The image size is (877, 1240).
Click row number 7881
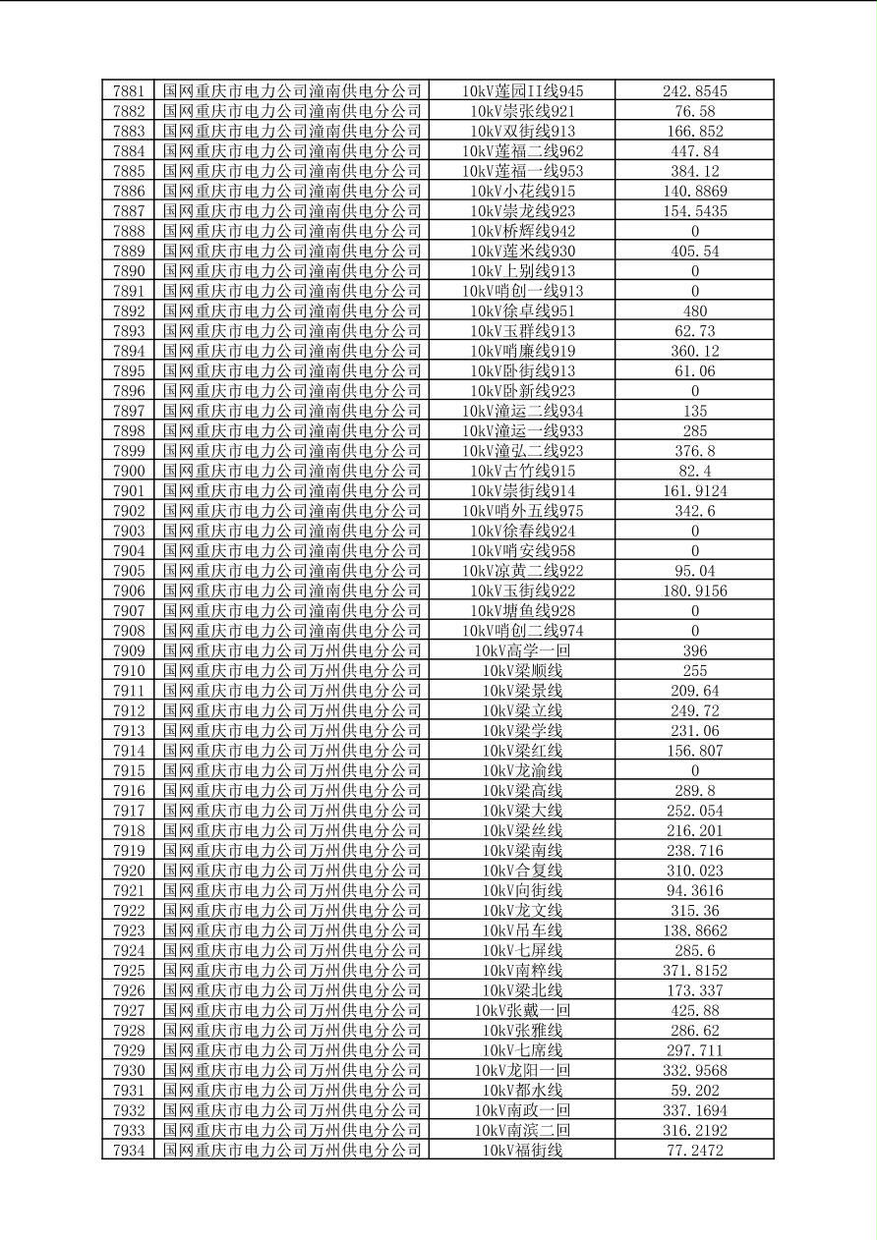coord(129,91)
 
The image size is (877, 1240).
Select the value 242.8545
coord(694,91)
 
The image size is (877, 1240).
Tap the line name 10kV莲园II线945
coord(522,91)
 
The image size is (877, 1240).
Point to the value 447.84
coord(694,151)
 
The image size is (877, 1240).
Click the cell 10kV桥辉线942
coord(522,231)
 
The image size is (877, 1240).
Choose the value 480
coord(694,311)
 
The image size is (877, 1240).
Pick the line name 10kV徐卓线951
coord(522,311)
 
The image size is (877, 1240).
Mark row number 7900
coord(129,471)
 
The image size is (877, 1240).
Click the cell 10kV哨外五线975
coord(522,511)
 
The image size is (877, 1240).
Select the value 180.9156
coord(694,591)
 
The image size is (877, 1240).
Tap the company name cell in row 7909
coord(292,650)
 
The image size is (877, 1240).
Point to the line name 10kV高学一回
coord(522,650)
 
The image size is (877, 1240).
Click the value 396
coord(694,650)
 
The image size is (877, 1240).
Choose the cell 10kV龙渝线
coord(522,770)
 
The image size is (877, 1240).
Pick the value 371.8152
coord(694,970)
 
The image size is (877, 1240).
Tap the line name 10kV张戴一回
coord(522,1010)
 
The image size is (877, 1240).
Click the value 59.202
coord(694,1090)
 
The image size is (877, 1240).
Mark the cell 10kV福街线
coord(522,1150)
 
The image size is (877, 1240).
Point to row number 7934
coord(129,1150)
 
